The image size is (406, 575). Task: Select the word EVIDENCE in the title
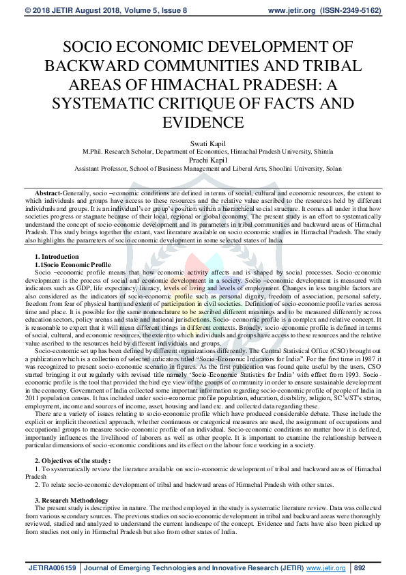(203, 123)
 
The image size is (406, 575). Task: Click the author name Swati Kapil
(203, 144)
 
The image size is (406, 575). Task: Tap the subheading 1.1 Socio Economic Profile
(72, 264)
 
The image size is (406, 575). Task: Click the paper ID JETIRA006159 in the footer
(53, 567)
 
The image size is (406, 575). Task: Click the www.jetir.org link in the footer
(325, 567)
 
